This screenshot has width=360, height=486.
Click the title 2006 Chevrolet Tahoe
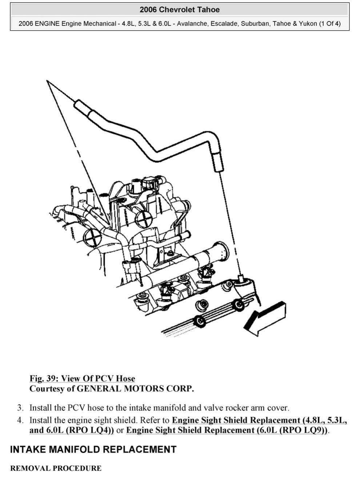tap(180, 10)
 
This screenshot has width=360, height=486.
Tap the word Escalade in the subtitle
tap(224, 24)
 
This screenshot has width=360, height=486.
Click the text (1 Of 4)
tap(330, 24)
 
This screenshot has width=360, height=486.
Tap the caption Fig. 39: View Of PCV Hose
tap(82, 378)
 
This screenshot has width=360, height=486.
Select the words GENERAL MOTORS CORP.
tap(135, 389)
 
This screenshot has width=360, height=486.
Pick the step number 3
tap(20, 408)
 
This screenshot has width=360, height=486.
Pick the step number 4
tap(20, 420)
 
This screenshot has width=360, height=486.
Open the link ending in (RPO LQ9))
tap(227, 430)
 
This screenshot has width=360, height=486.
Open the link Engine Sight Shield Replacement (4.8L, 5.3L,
tap(259, 420)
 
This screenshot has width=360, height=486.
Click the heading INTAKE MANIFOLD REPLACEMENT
tap(93, 450)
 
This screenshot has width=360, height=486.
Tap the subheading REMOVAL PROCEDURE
tap(56, 468)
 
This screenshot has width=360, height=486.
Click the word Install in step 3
tap(40, 408)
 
